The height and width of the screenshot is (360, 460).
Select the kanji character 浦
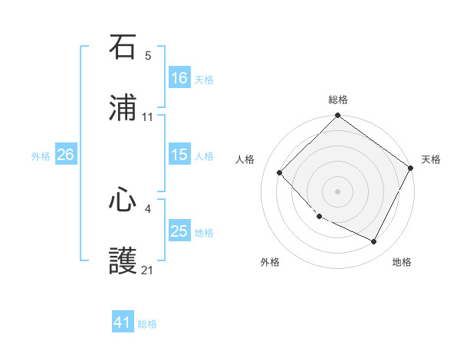[123, 108]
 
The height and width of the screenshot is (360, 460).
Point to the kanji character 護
[123, 261]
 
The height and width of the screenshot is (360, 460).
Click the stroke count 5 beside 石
[148, 56]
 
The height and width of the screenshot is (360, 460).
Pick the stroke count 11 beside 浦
[148, 117]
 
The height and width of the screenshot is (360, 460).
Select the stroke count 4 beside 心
[148, 208]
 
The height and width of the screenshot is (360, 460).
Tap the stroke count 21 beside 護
[148, 270]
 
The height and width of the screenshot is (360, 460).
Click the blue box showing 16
[179, 78]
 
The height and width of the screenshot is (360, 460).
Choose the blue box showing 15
[179, 155]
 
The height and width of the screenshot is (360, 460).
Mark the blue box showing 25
[179, 231]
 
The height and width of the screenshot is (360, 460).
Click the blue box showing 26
[65, 155]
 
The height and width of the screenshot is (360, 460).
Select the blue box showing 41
[123, 323]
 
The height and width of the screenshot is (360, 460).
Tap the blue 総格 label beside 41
[147, 324]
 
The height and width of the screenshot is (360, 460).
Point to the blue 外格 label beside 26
[41, 155]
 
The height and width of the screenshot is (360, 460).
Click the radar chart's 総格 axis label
[337, 100]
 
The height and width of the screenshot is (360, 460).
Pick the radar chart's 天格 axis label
[431, 159]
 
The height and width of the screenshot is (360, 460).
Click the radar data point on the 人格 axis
[280, 172]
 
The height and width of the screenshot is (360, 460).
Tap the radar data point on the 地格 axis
[374, 242]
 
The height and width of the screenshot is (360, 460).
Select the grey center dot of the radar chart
[337, 191]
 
